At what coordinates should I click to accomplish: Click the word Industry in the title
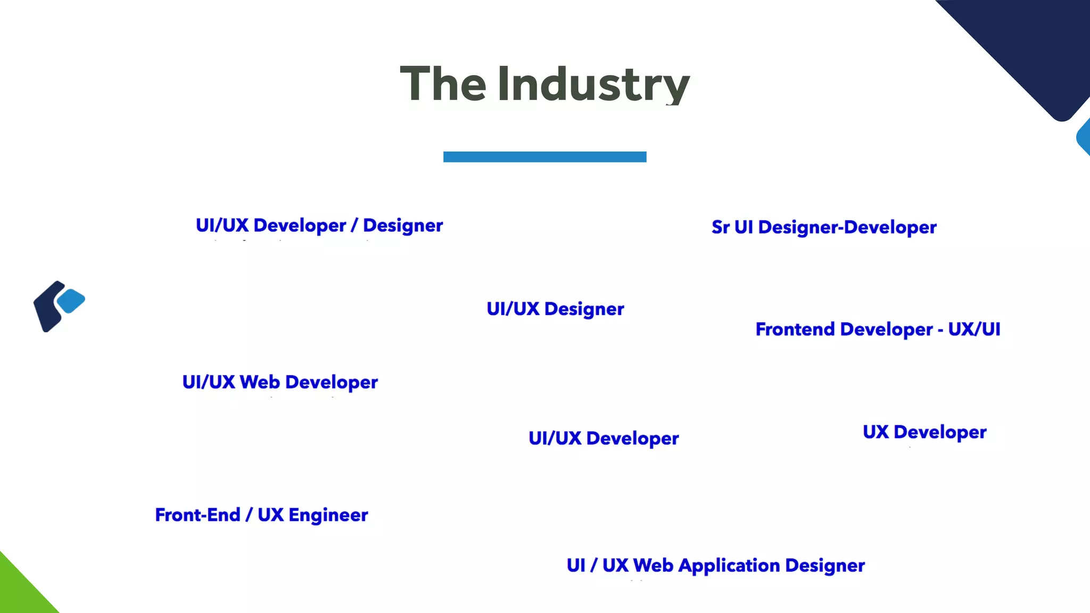click(x=593, y=84)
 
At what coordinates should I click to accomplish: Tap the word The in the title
click(x=443, y=84)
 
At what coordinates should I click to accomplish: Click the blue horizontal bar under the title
click(x=544, y=156)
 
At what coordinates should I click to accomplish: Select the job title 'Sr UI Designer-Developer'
click(x=824, y=227)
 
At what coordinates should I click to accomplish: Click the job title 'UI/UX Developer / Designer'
click(x=319, y=226)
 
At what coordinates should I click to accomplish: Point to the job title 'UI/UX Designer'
click(x=555, y=309)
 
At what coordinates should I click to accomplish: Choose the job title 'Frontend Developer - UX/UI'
click(x=878, y=329)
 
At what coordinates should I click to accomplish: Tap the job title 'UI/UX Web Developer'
click(x=280, y=382)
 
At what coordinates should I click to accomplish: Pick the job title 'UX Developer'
click(x=924, y=432)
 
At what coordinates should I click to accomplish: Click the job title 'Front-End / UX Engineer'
click(x=261, y=515)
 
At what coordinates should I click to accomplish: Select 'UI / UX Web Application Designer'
click(x=715, y=565)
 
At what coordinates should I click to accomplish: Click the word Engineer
click(x=328, y=515)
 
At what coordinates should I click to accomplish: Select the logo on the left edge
click(x=58, y=306)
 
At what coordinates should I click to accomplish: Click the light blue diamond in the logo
click(x=71, y=301)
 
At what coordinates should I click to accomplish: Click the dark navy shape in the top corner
click(x=1033, y=48)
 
